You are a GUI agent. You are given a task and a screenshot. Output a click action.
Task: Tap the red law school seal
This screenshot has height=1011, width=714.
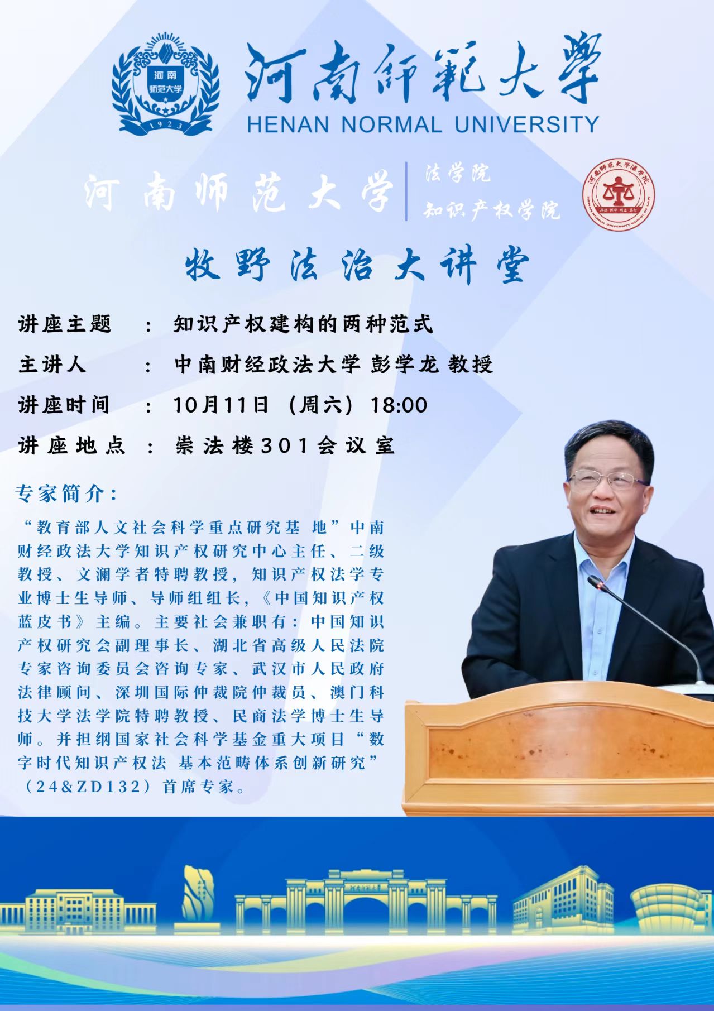[619, 193]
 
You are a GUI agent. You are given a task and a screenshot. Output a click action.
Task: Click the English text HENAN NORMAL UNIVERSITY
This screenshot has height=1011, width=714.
[423, 123]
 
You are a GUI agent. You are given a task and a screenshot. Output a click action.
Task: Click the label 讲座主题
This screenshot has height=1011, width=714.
[65, 324]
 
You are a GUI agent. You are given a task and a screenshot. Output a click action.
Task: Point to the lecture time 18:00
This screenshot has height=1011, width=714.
[399, 405]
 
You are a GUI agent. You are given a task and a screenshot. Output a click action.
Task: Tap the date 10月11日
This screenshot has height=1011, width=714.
[222, 405]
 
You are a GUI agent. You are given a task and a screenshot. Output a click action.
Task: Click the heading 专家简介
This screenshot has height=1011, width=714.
[67, 492]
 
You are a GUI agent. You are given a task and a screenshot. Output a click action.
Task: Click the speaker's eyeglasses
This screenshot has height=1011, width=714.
[608, 480]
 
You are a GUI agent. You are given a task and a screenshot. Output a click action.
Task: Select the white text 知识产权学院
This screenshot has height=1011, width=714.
[492, 210]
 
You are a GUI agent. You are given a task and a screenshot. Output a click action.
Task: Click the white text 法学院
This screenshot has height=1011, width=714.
[457, 174]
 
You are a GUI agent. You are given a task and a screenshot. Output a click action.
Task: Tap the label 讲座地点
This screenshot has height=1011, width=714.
[71, 445]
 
